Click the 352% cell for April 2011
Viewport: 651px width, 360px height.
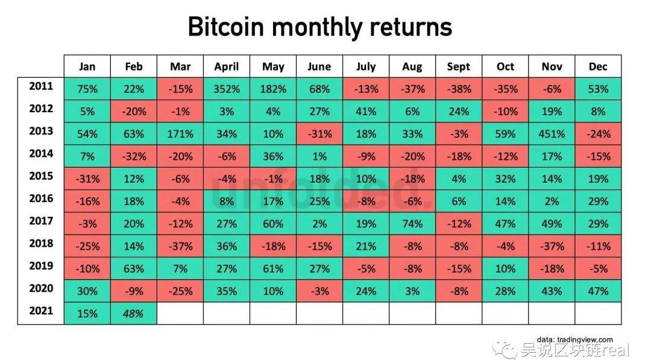point(227,89)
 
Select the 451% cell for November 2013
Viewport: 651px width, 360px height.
point(552,134)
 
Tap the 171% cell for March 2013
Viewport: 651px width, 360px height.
point(180,134)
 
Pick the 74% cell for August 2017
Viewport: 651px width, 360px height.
point(412,224)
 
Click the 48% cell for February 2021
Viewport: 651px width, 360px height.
point(134,313)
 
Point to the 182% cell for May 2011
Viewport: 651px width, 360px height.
point(273,89)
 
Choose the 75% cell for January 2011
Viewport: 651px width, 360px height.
point(87,89)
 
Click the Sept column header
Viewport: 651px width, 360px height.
point(459,66)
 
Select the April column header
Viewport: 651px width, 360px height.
point(227,66)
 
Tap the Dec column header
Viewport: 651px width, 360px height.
point(598,66)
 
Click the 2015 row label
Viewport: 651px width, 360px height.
point(41,176)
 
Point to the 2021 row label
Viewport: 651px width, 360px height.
point(41,311)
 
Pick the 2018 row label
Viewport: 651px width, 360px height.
point(41,244)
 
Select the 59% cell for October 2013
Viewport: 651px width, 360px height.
point(505,134)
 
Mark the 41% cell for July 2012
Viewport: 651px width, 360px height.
point(366,112)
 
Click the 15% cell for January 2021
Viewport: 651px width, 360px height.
point(87,313)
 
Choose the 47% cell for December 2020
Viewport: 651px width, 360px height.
point(598,291)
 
